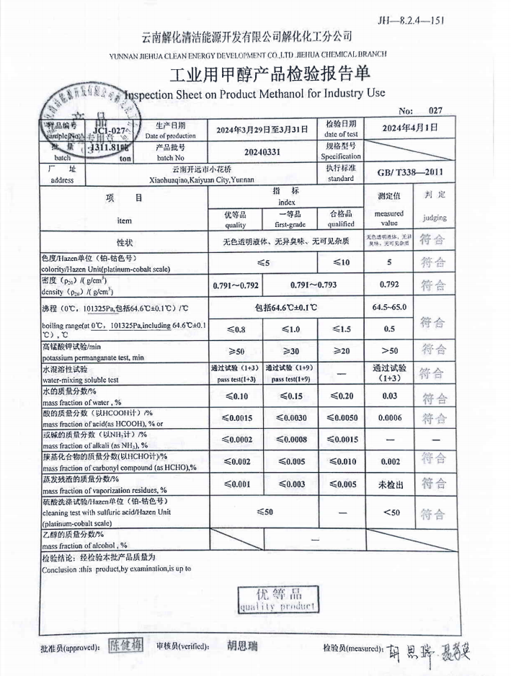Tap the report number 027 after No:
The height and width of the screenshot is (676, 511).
pyautogui.click(x=435, y=111)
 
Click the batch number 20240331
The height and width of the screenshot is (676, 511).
pyautogui.click(x=262, y=154)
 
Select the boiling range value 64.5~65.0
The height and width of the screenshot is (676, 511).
pyautogui.click(x=389, y=308)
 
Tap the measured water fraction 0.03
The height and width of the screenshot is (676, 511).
pyautogui.click(x=389, y=395)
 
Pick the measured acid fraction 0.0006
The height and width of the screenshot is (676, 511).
pyautogui.click(x=389, y=417)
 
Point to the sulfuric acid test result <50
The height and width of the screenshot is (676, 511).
pyautogui.click(x=389, y=512)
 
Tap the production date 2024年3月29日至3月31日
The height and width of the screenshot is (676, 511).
pyautogui.click(x=262, y=130)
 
